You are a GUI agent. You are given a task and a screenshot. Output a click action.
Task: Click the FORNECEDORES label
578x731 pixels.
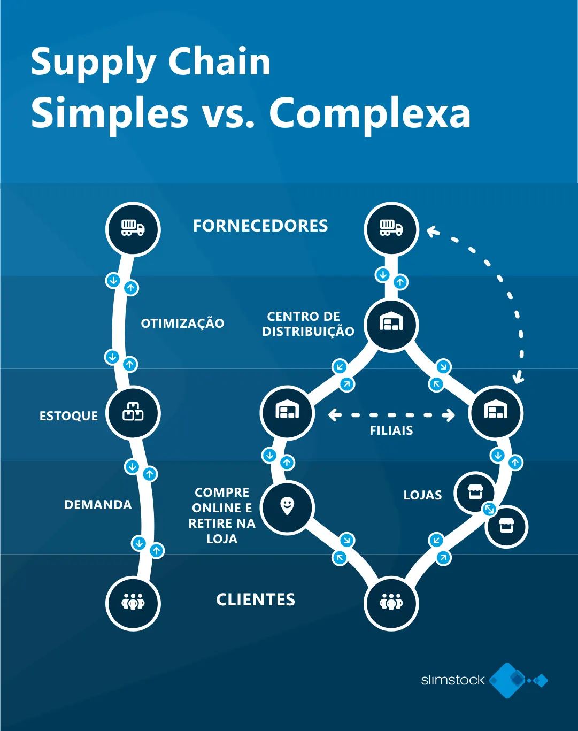click(260, 226)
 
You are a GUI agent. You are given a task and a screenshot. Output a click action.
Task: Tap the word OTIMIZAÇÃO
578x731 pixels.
click(182, 323)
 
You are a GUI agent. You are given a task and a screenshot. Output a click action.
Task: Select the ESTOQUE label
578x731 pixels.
click(68, 415)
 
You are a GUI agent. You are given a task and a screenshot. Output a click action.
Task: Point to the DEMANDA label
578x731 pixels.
click(98, 504)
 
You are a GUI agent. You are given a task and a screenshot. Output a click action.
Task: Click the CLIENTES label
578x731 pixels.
click(256, 599)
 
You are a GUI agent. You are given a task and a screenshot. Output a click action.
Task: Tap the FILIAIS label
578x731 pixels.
click(391, 430)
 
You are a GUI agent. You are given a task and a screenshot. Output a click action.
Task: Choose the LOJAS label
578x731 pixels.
click(422, 495)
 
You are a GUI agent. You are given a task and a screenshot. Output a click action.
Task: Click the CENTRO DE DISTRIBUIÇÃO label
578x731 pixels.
click(308, 324)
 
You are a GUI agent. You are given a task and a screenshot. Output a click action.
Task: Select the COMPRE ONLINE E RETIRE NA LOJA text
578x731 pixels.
click(222, 515)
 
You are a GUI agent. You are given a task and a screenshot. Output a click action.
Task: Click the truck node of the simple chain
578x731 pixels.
click(133, 229)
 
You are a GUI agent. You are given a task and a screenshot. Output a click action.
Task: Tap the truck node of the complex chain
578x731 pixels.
click(391, 229)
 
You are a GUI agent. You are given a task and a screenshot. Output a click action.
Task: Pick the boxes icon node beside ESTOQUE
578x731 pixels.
click(133, 413)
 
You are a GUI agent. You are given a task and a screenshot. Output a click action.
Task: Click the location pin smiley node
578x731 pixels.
click(287, 506)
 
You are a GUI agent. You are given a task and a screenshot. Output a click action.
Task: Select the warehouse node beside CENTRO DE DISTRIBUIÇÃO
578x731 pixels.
click(391, 324)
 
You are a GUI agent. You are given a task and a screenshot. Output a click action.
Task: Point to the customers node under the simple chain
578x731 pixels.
click(133, 603)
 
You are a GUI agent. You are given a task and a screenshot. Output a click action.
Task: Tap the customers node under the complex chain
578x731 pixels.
click(391, 603)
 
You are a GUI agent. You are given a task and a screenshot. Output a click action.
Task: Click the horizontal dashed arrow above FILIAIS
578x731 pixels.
click(391, 415)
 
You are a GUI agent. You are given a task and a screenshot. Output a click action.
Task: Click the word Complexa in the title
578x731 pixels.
click(369, 113)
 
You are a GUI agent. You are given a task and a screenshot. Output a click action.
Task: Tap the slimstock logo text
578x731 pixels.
click(452, 680)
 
